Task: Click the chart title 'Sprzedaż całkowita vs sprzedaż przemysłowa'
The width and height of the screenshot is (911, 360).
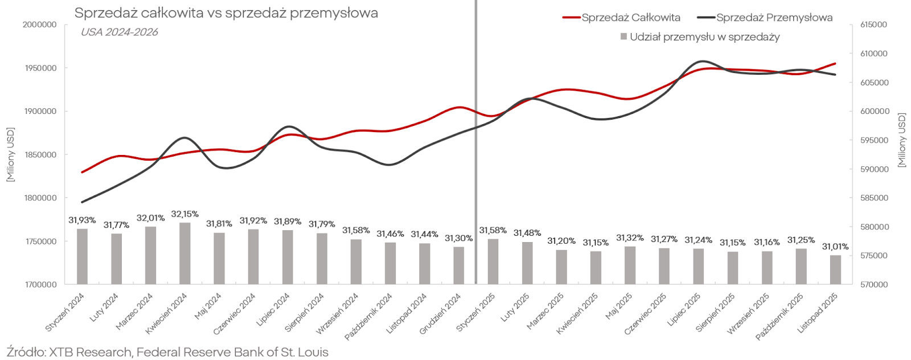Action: coord(226,13)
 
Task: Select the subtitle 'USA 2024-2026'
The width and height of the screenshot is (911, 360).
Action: coord(119,32)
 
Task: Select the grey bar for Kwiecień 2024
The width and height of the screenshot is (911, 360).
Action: coord(185,253)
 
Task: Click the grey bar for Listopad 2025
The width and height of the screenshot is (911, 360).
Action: coord(835,269)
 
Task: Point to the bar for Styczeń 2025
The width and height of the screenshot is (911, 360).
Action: coord(493,261)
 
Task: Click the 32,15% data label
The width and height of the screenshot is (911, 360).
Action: coord(185,214)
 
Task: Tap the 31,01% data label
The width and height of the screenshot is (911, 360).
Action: coord(835,247)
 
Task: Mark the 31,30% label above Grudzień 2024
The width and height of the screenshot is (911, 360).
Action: coord(459,238)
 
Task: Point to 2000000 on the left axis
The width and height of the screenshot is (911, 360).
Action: coord(39,25)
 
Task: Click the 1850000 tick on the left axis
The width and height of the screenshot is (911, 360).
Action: coord(39,155)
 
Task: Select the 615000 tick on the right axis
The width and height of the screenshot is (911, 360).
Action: coord(873,25)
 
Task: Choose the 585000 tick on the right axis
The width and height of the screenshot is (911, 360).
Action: coord(873,198)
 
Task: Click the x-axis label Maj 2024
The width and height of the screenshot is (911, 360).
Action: coord(208,308)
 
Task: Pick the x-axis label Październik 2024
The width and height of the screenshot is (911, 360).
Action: coord(369,316)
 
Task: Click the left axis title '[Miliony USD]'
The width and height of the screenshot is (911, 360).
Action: coord(10,155)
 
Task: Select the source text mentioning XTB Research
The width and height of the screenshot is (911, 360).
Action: coord(167,352)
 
